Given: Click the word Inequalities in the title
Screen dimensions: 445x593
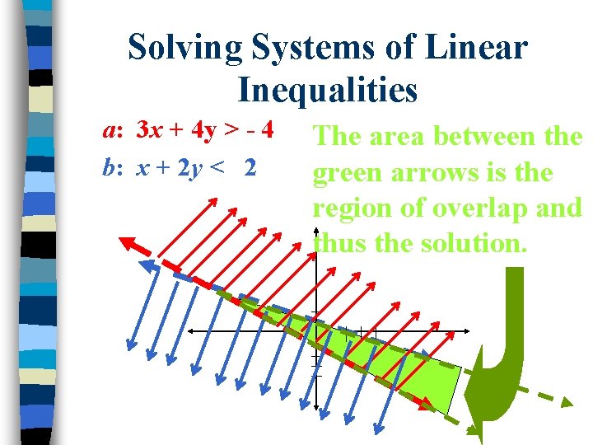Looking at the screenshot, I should (x=328, y=90).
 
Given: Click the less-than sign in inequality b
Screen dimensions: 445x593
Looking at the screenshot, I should (x=217, y=168).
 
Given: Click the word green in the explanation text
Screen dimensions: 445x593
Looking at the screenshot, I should (x=347, y=174).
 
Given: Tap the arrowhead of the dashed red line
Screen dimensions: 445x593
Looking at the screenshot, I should (x=128, y=242).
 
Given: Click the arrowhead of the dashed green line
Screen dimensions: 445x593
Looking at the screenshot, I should (x=564, y=401).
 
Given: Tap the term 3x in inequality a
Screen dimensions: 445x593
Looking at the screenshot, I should (x=148, y=130).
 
